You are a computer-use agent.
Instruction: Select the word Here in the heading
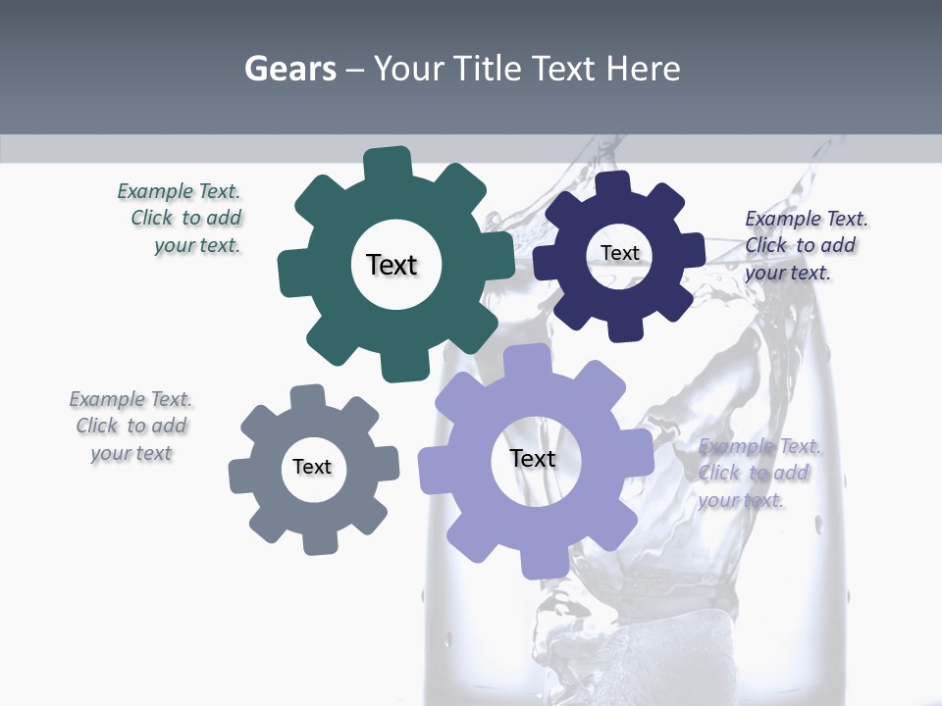tap(643, 69)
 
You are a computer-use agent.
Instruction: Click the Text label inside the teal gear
tap(392, 265)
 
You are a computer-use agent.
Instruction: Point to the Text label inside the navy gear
tap(619, 253)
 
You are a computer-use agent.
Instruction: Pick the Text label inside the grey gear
tap(312, 467)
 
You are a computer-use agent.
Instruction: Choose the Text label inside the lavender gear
tap(533, 458)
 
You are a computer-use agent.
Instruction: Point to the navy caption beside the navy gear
tap(805, 245)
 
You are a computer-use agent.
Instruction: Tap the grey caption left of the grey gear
tap(131, 426)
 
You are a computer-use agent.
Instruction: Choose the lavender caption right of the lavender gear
tap(758, 473)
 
